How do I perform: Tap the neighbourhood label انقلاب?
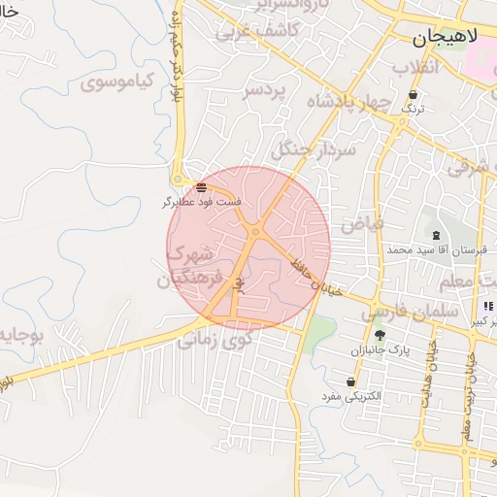click(x=416, y=66)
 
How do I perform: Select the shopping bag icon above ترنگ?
click(x=414, y=95)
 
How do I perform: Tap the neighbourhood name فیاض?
click(x=361, y=223)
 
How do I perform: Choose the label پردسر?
click(x=265, y=90)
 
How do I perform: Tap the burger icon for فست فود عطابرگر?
click(x=201, y=186)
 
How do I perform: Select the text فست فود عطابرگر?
click(x=203, y=202)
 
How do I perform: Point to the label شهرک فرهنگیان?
click(x=189, y=266)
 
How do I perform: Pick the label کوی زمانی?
click(x=215, y=340)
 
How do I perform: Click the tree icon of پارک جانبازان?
click(x=380, y=335)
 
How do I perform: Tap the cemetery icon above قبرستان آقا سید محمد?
click(x=436, y=235)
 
